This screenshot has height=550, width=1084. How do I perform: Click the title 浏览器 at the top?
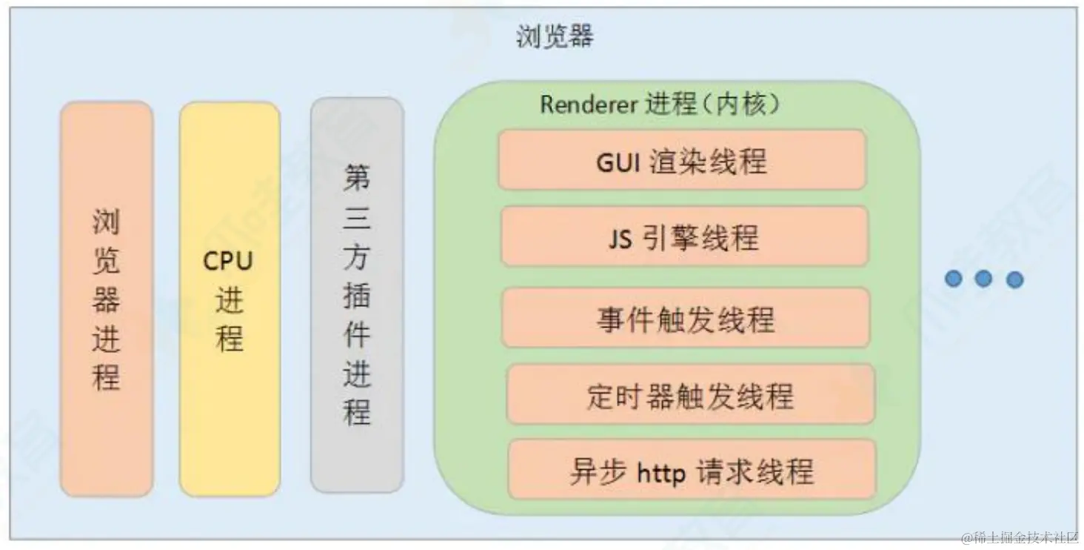point(555,36)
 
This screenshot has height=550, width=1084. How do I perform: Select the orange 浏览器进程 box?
point(107,299)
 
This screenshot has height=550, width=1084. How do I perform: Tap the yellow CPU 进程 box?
point(230,299)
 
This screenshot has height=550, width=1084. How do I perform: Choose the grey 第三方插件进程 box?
point(357,294)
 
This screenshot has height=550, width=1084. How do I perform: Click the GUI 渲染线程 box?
point(681,160)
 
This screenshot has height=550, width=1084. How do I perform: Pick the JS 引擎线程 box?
point(683,237)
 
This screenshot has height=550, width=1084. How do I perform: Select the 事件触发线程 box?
point(686,319)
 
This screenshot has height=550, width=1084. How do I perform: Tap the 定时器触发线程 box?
point(690,396)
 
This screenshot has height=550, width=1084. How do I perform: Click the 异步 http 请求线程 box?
point(692,470)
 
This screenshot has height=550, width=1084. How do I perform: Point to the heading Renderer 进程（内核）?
point(660,105)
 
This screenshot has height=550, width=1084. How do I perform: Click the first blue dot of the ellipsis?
point(953,279)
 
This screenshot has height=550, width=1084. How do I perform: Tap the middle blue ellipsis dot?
point(983,279)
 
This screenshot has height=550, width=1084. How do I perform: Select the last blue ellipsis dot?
point(1014,279)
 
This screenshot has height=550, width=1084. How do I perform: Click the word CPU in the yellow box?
point(228,261)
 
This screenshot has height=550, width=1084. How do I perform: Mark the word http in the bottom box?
point(661,471)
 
